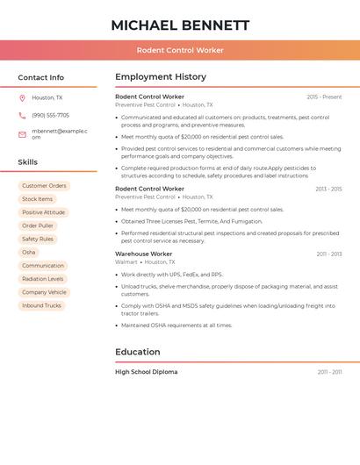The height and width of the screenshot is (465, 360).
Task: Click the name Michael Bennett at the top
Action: coord(180,25)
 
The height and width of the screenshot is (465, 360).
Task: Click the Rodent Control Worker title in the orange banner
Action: coord(180,50)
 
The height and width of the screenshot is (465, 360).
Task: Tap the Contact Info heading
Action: coord(41,77)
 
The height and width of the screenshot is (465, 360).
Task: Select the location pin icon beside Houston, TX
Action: coord(22,98)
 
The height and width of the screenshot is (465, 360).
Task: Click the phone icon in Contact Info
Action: coord(22,116)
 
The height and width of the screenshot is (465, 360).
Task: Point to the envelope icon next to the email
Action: coord(22,134)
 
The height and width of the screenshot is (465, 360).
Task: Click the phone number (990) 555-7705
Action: coord(50,116)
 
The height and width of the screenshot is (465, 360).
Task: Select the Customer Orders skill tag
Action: coord(44,186)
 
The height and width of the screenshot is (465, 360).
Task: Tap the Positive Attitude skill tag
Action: coord(43,212)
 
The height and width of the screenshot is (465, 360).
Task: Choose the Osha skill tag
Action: coord(29,253)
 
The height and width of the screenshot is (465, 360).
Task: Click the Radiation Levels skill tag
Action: coord(42,279)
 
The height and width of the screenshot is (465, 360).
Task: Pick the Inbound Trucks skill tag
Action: coord(41,305)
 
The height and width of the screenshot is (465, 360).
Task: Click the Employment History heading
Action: coord(161,77)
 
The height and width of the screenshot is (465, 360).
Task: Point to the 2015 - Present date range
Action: coord(324,97)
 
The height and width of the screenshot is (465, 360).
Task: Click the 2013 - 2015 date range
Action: coord(328,190)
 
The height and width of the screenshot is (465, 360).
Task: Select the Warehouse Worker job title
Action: coord(143,254)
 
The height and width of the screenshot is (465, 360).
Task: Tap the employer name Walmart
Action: coord(126,262)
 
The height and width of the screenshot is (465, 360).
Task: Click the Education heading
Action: coord(138,353)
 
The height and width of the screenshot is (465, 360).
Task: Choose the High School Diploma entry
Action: coord(146,372)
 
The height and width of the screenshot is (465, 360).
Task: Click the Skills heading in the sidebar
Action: coord(28,162)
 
